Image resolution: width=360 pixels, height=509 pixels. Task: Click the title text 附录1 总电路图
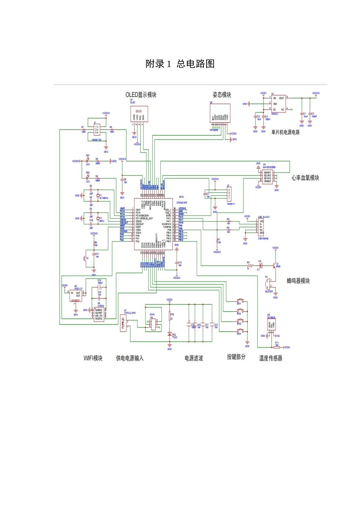point(180,64)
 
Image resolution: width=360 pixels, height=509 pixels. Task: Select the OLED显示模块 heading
point(141,95)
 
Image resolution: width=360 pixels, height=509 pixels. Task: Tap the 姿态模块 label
point(222,95)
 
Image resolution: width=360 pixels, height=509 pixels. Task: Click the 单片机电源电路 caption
point(285,132)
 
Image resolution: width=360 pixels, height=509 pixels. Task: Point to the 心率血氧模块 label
point(305,178)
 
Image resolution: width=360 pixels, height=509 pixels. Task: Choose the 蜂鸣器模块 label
point(298,281)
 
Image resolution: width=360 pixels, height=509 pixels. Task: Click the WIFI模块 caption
point(93,358)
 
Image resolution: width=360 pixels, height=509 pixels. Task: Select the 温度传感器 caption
point(271,358)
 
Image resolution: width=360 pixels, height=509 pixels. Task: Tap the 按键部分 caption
point(236,357)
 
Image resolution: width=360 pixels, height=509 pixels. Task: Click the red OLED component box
point(139,114)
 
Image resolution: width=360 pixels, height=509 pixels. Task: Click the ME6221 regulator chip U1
point(279,103)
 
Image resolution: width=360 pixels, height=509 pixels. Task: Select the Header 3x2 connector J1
point(97,130)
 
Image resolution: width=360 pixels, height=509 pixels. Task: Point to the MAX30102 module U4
point(268,177)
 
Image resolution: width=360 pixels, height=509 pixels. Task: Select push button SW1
point(239,301)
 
